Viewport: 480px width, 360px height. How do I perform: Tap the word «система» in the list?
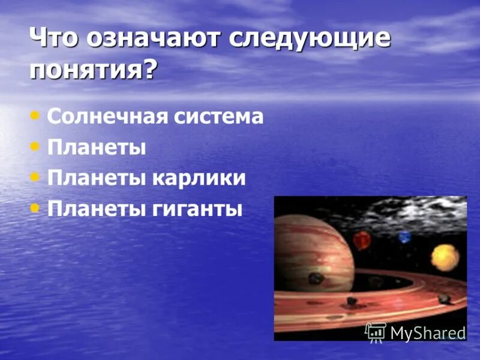pyautogui.click(x=219, y=116)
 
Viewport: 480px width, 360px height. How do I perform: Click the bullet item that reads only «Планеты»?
pyautogui.click(x=97, y=147)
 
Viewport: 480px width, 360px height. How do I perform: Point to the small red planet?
pyautogui.click(x=362, y=241)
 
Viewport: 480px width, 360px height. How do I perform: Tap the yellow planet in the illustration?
pyautogui.click(x=445, y=257)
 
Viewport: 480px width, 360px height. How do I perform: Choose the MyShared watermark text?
pyautogui.click(x=428, y=333)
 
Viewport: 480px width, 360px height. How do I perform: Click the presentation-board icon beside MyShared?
pyautogui.click(x=376, y=332)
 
